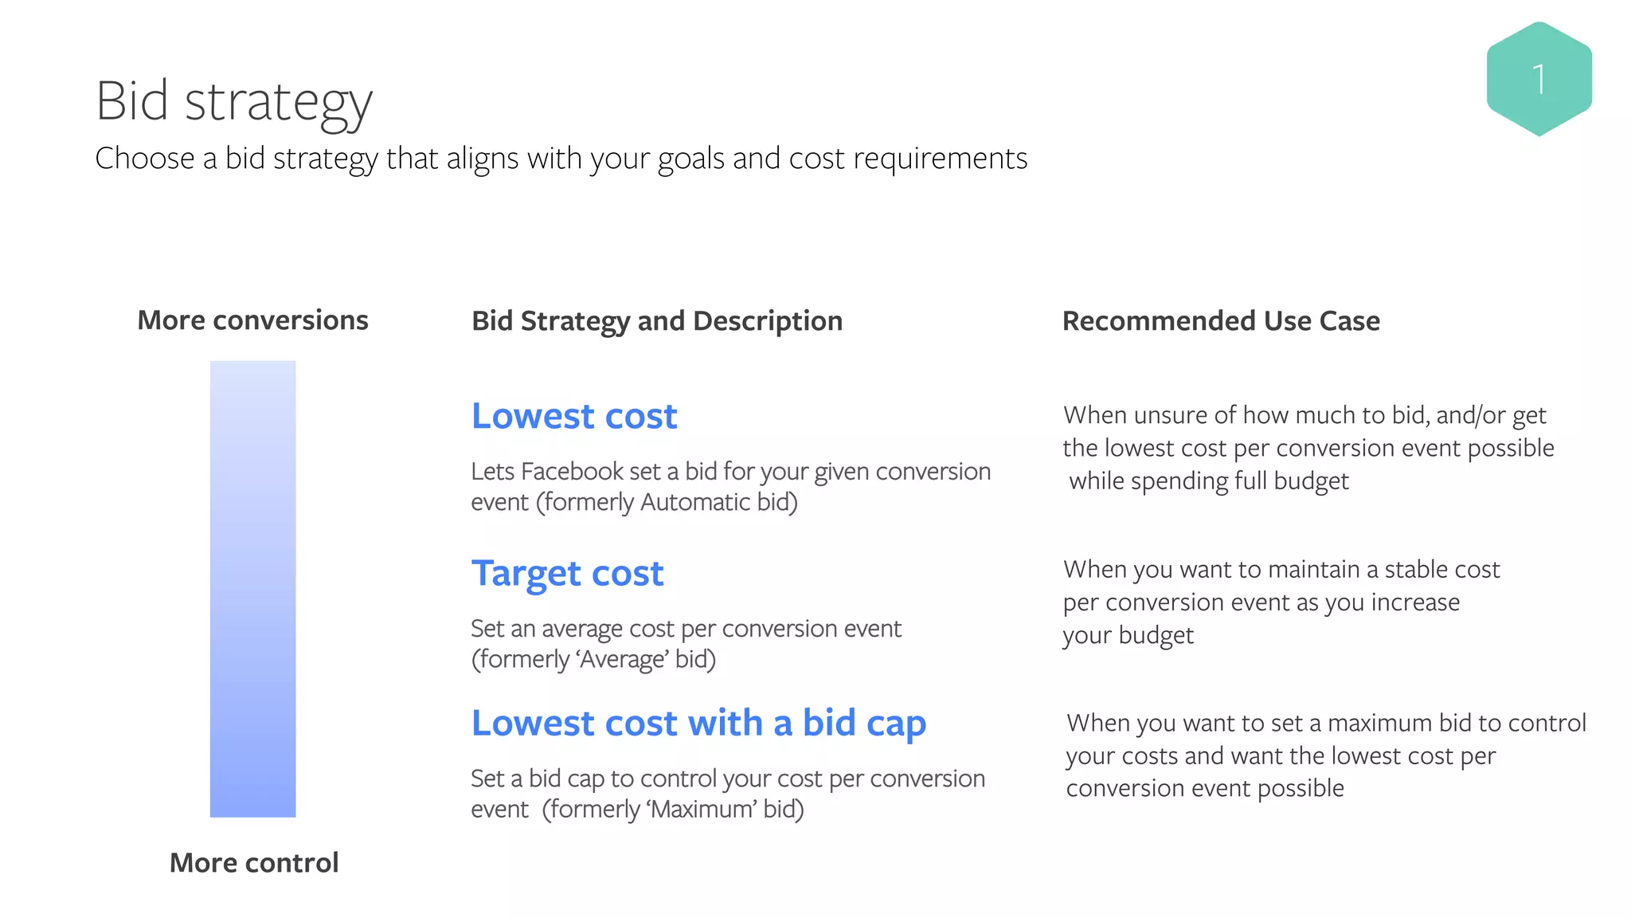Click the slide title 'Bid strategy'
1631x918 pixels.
pos(233,101)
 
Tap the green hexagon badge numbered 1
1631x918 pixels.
pos(1539,79)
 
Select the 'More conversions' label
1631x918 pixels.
pos(252,320)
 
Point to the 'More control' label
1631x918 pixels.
pos(254,862)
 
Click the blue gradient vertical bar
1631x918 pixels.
pos(252,589)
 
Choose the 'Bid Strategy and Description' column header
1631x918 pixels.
pos(656,321)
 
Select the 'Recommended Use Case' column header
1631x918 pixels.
pos(1221,321)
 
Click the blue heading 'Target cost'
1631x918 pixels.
pos(567,574)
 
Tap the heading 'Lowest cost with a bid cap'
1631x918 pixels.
pos(698,724)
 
